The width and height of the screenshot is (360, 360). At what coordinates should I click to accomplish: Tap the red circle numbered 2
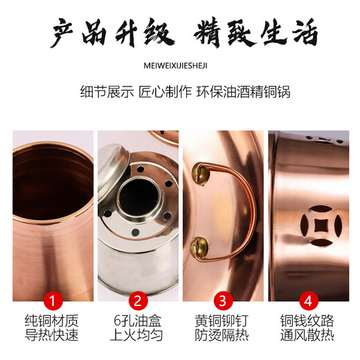(x=137, y=301)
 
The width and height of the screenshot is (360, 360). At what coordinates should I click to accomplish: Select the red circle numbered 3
(x=223, y=301)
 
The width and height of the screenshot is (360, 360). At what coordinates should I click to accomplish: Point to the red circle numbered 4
(x=308, y=301)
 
